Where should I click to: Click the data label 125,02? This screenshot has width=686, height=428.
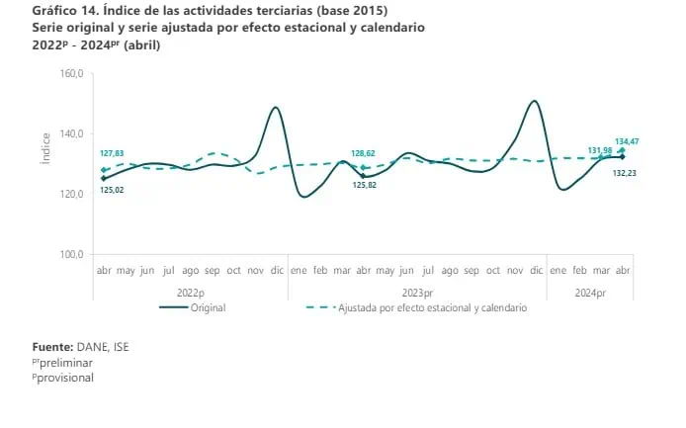click(x=112, y=190)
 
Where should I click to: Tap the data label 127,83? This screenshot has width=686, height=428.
click(x=112, y=153)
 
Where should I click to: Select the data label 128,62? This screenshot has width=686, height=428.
click(x=363, y=153)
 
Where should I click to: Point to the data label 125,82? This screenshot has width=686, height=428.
click(x=365, y=185)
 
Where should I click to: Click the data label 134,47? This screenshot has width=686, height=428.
click(x=627, y=141)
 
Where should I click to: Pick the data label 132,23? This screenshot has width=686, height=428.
click(x=625, y=173)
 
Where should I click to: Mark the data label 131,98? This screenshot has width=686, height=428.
click(x=600, y=150)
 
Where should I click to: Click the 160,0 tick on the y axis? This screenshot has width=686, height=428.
click(x=72, y=73)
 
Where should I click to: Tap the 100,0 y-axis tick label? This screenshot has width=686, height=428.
click(x=72, y=254)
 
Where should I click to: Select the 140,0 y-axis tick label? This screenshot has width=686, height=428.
click(x=72, y=133)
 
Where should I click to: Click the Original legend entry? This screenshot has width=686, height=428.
click(x=193, y=307)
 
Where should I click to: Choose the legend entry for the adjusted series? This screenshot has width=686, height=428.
click(x=416, y=307)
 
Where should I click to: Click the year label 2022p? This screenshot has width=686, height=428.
click(x=191, y=293)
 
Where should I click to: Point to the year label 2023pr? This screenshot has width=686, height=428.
click(x=417, y=293)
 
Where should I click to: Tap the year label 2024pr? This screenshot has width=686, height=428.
click(x=590, y=293)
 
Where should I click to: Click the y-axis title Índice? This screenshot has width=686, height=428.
click(x=45, y=148)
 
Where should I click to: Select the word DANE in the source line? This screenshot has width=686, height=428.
click(x=92, y=347)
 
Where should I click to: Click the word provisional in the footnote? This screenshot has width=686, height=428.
click(x=65, y=378)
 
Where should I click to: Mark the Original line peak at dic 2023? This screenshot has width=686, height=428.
click(x=535, y=101)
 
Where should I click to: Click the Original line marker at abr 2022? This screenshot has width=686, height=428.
click(x=104, y=178)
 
